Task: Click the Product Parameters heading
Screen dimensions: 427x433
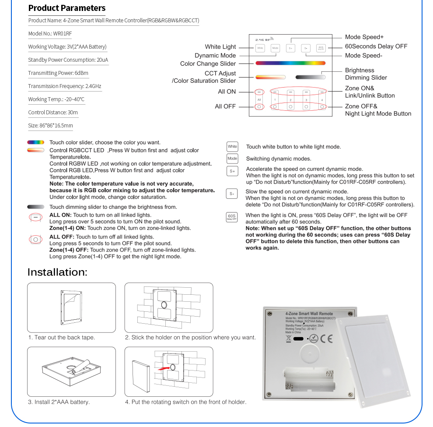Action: (x=67, y=8)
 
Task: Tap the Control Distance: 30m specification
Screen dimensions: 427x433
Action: (x=53, y=112)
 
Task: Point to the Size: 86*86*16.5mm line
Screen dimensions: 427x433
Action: (x=50, y=125)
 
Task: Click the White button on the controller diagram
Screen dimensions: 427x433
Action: (x=260, y=48)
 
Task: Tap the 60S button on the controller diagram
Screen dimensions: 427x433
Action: (x=321, y=48)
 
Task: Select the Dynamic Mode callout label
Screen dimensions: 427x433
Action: (x=215, y=55)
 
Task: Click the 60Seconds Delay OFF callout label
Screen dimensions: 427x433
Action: (x=376, y=46)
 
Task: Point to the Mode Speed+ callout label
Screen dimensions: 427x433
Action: (x=364, y=37)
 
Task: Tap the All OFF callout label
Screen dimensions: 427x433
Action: (x=225, y=106)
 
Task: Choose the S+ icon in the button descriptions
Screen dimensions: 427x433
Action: (x=232, y=171)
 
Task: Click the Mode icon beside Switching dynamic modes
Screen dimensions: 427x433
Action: (x=232, y=159)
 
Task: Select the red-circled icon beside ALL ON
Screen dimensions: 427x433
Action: (x=35, y=217)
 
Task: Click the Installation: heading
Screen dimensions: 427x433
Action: (x=57, y=272)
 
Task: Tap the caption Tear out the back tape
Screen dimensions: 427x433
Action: (x=62, y=337)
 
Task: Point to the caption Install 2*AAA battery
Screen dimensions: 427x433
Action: (x=59, y=402)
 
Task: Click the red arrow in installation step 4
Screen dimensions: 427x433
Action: (x=162, y=369)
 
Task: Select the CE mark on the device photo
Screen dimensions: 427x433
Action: (x=326, y=338)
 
